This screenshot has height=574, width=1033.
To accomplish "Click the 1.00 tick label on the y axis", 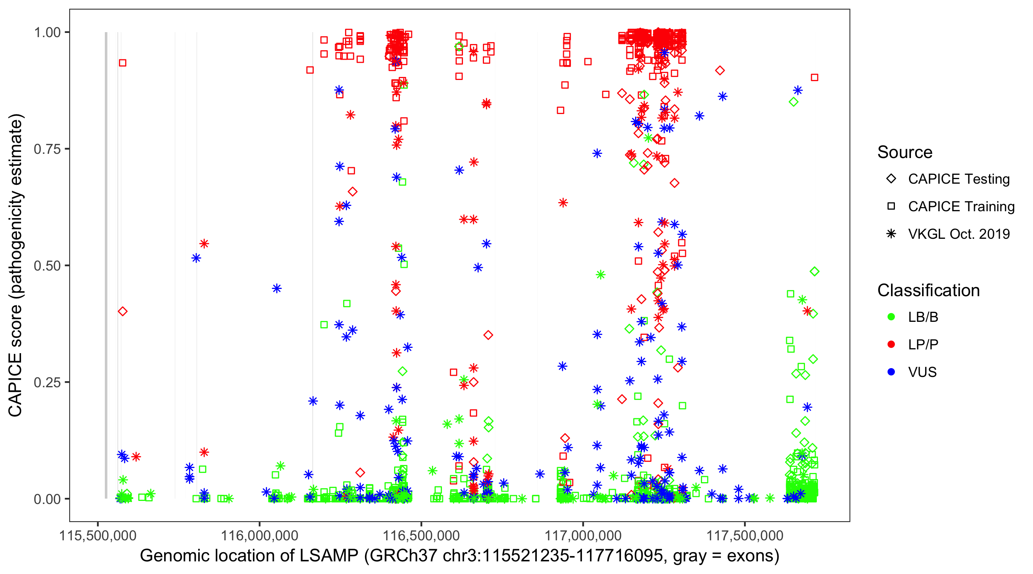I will tap(47, 33).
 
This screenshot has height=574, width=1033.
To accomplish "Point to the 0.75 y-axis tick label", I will tap(47, 149).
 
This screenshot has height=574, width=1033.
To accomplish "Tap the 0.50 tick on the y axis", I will tap(47, 266).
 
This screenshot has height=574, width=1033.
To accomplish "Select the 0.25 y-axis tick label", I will tap(47, 382).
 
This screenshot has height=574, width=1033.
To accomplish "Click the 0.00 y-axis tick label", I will tap(47, 499).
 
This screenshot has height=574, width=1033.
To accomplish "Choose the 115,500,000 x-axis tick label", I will tap(98, 535).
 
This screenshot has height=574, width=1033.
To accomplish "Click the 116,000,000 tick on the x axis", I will tap(259, 535).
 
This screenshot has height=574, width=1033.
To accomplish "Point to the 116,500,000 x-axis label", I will tap(421, 535).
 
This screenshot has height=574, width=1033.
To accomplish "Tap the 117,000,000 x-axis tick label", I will tap(583, 535).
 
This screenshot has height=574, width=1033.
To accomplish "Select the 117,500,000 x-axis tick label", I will tap(745, 535).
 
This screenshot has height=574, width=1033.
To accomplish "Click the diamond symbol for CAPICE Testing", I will tap(891, 179).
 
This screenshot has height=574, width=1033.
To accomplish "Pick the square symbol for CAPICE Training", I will tap(891, 207).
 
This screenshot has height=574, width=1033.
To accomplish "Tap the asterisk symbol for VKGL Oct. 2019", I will tap(891, 234).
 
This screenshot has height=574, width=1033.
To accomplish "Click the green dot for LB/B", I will tap(891, 317).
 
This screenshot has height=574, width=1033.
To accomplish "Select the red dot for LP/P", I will tap(891, 344).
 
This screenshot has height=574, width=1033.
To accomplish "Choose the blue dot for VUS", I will tap(891, 372).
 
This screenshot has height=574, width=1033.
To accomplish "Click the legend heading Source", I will tap(905, 152).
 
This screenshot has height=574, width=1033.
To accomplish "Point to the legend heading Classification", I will tap(928, 290).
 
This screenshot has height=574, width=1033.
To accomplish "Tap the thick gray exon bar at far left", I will tap(106, 265).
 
